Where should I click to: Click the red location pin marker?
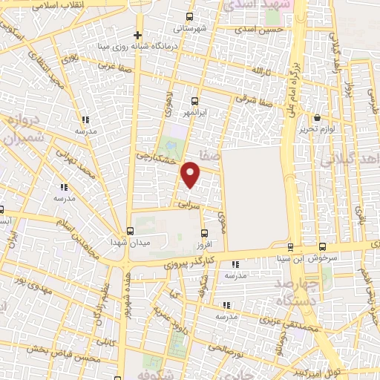(191, 174)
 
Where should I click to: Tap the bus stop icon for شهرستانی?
(189, 16)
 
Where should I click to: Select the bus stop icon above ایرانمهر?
(195, 102)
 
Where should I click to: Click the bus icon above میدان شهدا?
(131, 231)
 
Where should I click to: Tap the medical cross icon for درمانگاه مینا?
(137, 35)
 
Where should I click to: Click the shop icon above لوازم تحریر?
(318, 117)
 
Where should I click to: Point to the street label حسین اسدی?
(259, 30)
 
